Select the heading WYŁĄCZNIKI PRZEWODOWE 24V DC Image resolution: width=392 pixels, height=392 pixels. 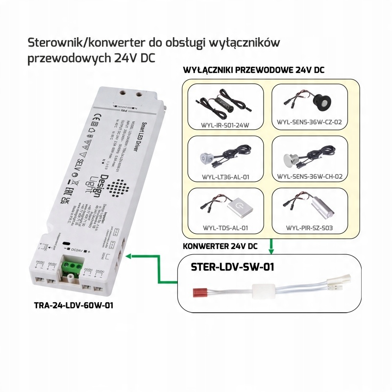pyautogui.click(x=253, y=70)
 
